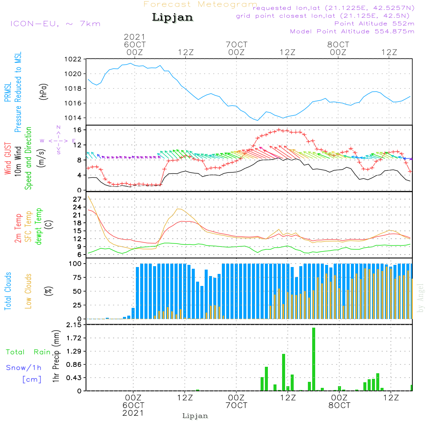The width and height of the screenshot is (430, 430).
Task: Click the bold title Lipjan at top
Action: coord(172,18)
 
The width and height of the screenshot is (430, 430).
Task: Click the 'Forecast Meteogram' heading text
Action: coord(200,5)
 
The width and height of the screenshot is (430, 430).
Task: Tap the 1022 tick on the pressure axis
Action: coord(73,59)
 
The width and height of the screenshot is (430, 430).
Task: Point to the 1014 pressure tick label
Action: coord(73,118)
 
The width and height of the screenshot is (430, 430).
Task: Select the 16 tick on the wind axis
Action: coord(78,130)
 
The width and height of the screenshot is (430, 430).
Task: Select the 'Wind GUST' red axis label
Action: coord(8,159)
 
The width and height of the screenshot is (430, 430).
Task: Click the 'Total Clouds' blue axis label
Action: coord(8,291)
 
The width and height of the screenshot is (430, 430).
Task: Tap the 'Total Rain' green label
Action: coord(28,352)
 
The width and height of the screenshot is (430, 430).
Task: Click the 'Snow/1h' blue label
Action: coord(24,368)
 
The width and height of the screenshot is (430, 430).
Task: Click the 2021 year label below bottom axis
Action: coord(133,413)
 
